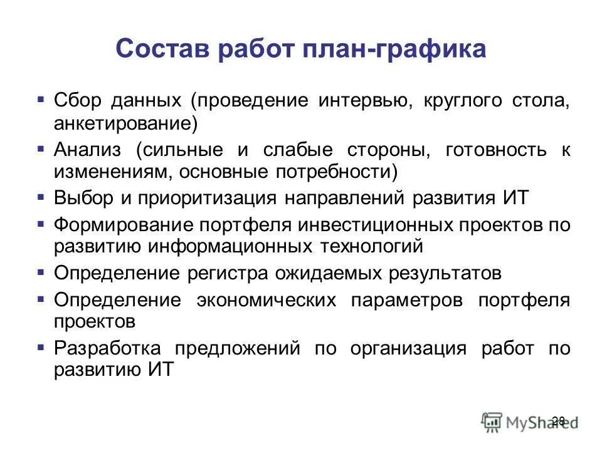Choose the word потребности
tap(343, 172)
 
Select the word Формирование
tap(110, 225)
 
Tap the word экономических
tap(266, 300)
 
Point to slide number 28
tap(559, 420)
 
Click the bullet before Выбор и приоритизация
tap(41, 197)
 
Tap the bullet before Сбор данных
tap(41, 100)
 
